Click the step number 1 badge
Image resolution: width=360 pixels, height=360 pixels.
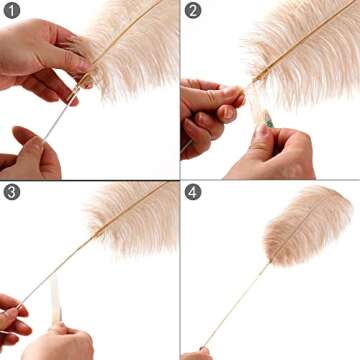[12, 12]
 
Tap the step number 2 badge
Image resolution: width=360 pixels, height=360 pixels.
[193, 12]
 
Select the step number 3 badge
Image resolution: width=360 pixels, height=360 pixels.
[12, 192]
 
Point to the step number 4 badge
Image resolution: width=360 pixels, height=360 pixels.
[193, 192]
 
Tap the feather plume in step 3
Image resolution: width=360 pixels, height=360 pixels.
[130, 215]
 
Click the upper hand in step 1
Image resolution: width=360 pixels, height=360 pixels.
[40, 60]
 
